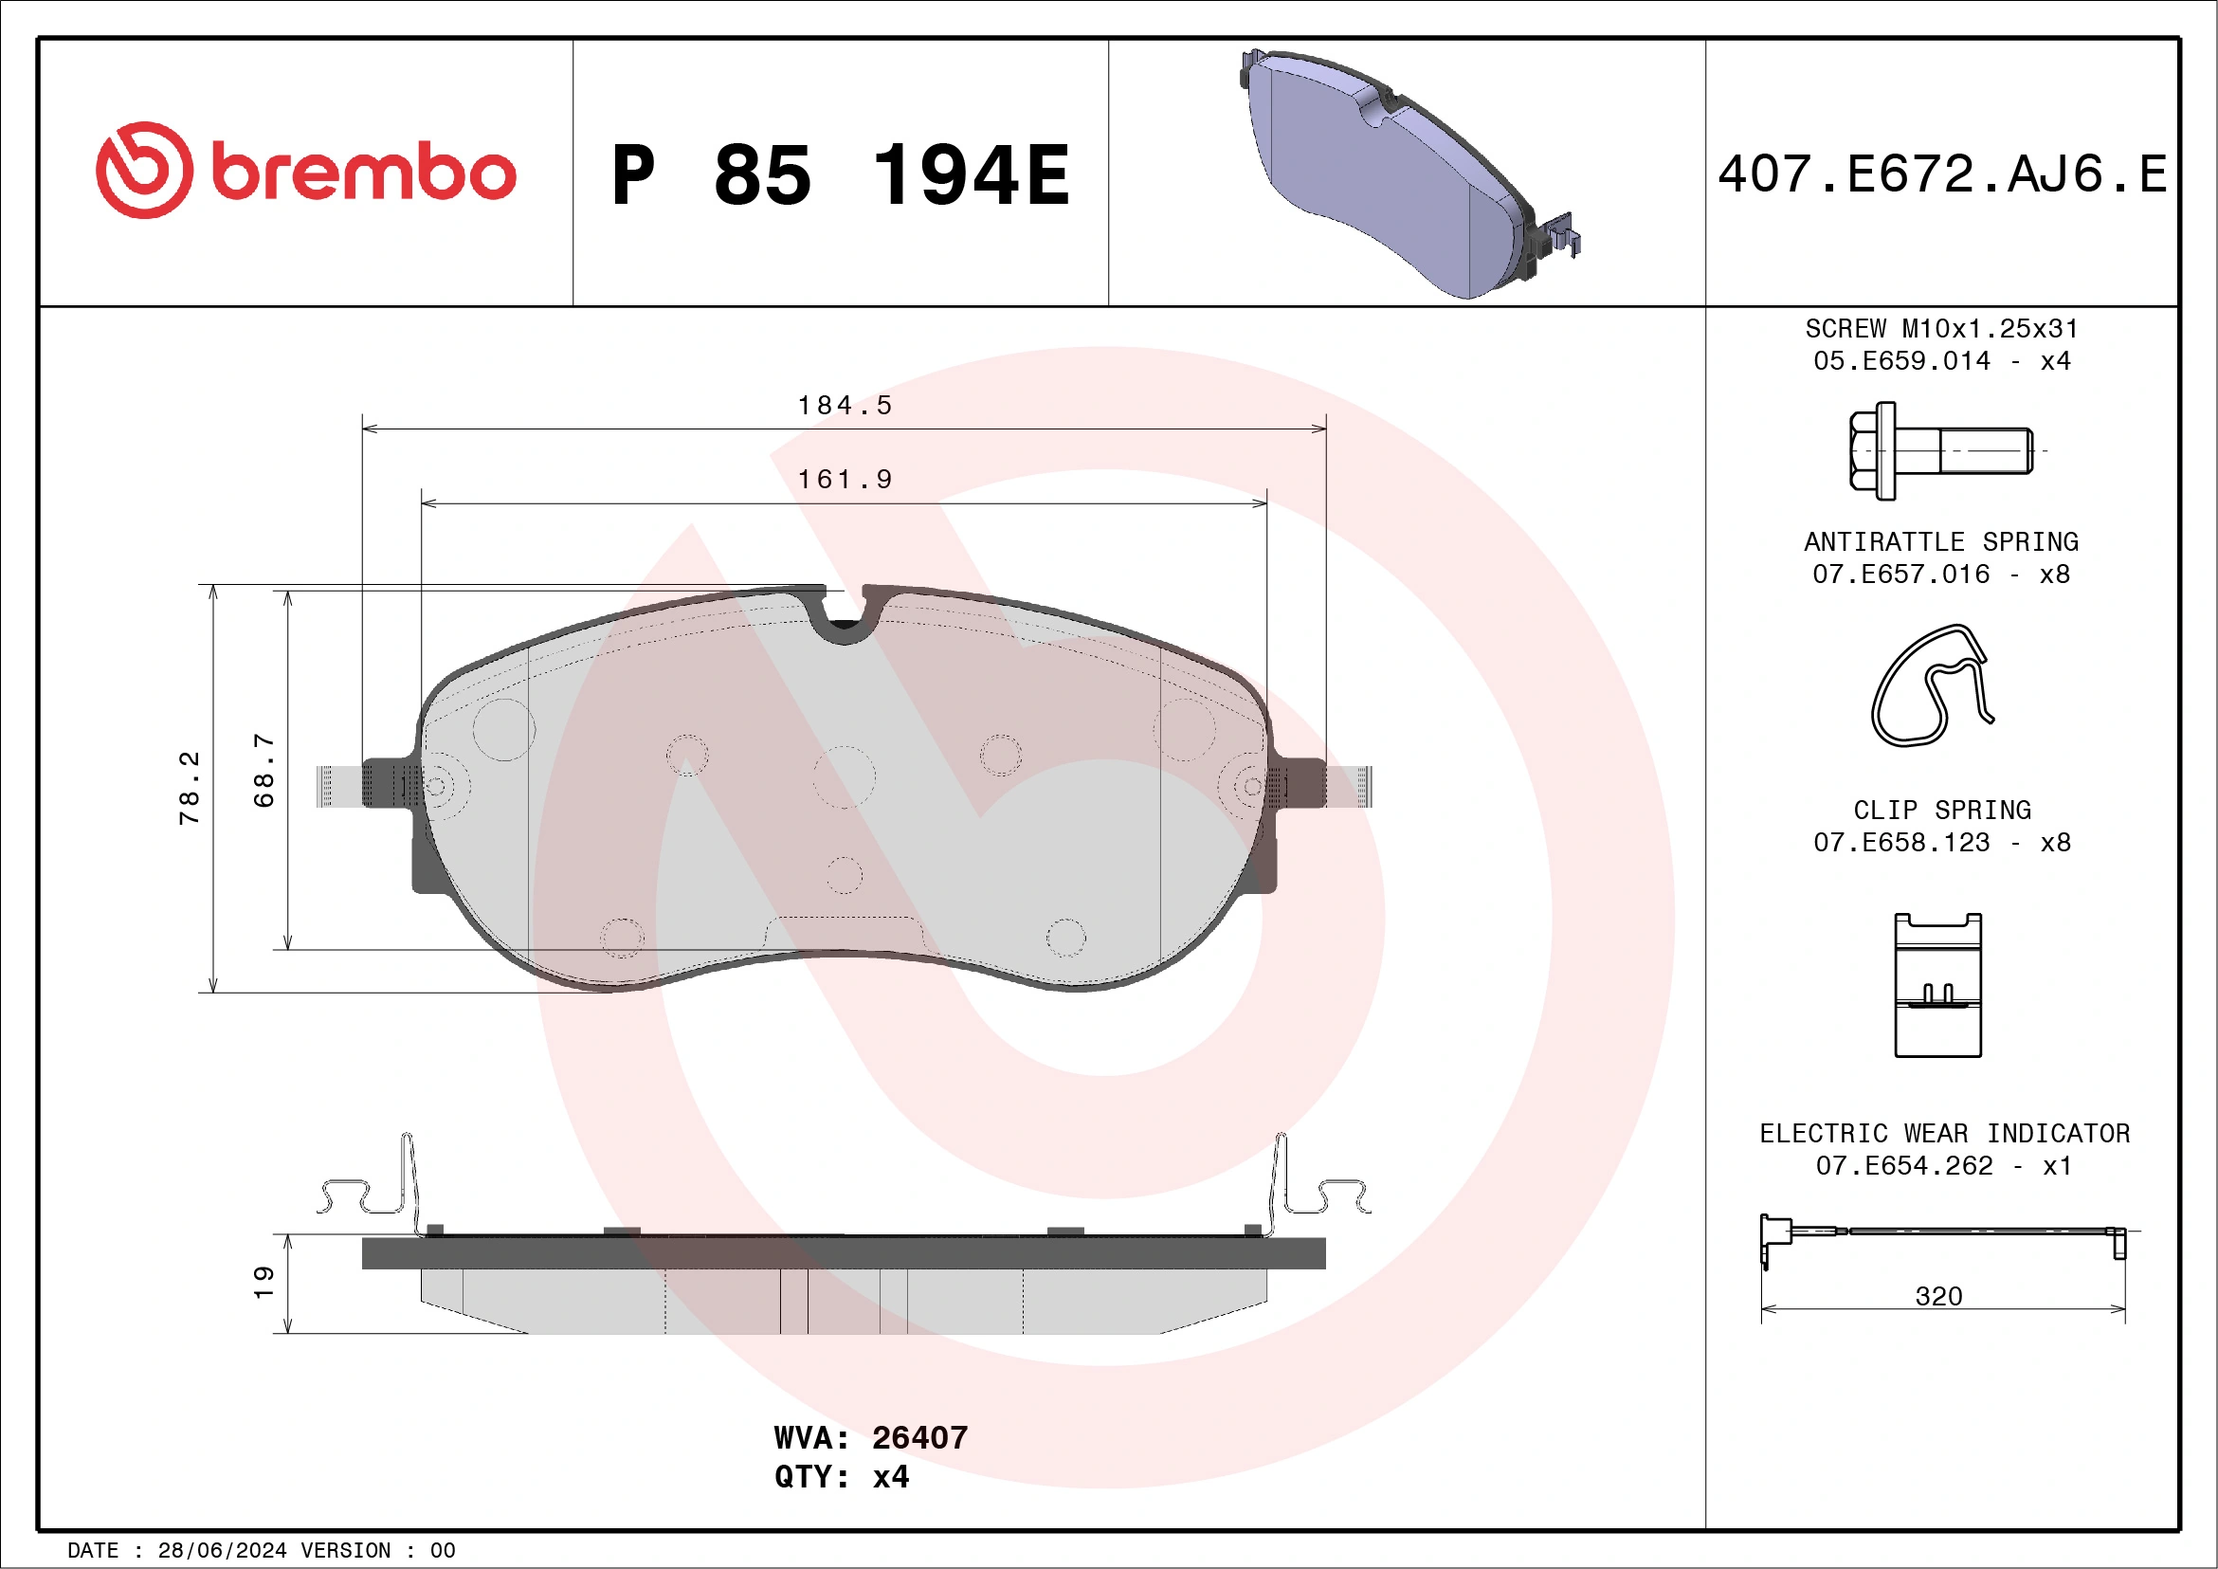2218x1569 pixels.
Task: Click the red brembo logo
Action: point(305,171)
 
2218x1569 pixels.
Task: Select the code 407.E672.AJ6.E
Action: point(1942,174)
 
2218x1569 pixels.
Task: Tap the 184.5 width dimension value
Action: point(845,405)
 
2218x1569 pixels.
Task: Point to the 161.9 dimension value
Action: point(845,479)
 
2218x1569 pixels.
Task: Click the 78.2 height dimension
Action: point(190,788)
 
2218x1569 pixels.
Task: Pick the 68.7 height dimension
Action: point(264,770)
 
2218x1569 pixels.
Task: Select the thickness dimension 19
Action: point(264,1282)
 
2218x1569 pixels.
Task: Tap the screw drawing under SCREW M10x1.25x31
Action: point(1938,451)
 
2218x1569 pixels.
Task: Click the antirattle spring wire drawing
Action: point(1930,687)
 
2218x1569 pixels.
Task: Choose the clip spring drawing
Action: point(1936,984)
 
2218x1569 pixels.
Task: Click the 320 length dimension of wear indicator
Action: point(1937,1296)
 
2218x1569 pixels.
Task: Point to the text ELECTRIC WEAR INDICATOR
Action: point(1944,1133)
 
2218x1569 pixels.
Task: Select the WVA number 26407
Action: point(918,1437)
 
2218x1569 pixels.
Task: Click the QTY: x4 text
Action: point(841,1476)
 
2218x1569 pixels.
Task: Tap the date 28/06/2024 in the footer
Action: point(222,1551)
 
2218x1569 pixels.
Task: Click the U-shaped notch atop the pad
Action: point(844,618)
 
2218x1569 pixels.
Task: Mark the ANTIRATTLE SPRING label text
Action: point(1941,542)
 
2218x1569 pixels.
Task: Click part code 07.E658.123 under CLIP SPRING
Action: point(1901,843)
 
